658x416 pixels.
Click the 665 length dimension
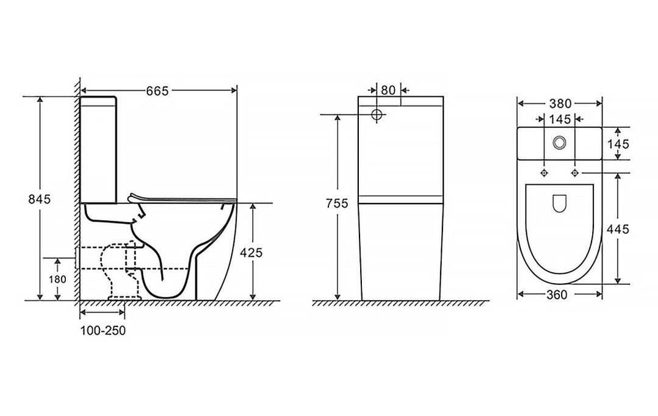click(x=157, y=91)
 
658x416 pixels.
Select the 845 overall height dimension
click(x=40, y=199)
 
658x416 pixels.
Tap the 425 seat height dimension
click(x=251, y=252)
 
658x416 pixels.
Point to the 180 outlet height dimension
click(x=57, y=279)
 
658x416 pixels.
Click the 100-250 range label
click(x=103, y=331)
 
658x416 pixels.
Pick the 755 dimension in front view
click(x=338, y=203)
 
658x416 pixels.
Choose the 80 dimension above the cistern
click(x=388, y=90)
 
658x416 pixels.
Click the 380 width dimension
click(x=559, y=103)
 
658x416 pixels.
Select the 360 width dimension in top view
click(x=557, y=295)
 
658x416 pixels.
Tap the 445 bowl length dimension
click(x=618, y=229)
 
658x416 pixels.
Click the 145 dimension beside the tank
click(x=618, y=144)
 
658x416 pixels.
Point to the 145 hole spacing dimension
click(x=560, y=119)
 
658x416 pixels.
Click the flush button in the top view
click(x=559, y=143)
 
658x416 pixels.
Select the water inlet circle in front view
click(x=377, y=114)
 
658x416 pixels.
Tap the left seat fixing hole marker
click(x=544, y=173)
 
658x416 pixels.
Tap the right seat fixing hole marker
click(x=575, y=173)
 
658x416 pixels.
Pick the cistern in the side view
click(x=98, y=150)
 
